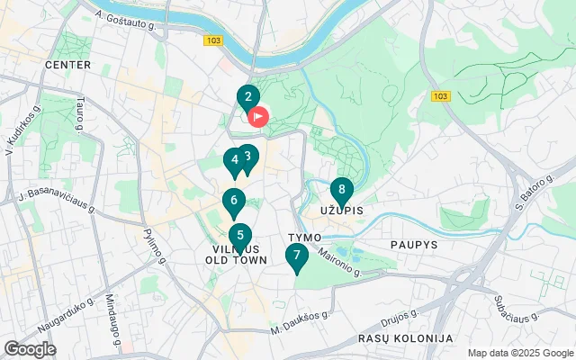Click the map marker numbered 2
pos(247,97)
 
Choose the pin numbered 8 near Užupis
pos(341,191)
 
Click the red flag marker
pos(258,116)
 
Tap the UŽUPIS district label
pos(341,211)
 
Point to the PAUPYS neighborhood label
pos(413,244)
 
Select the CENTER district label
pos(67,66)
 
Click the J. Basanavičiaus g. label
pos(57,200)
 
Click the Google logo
pos(29,349)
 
